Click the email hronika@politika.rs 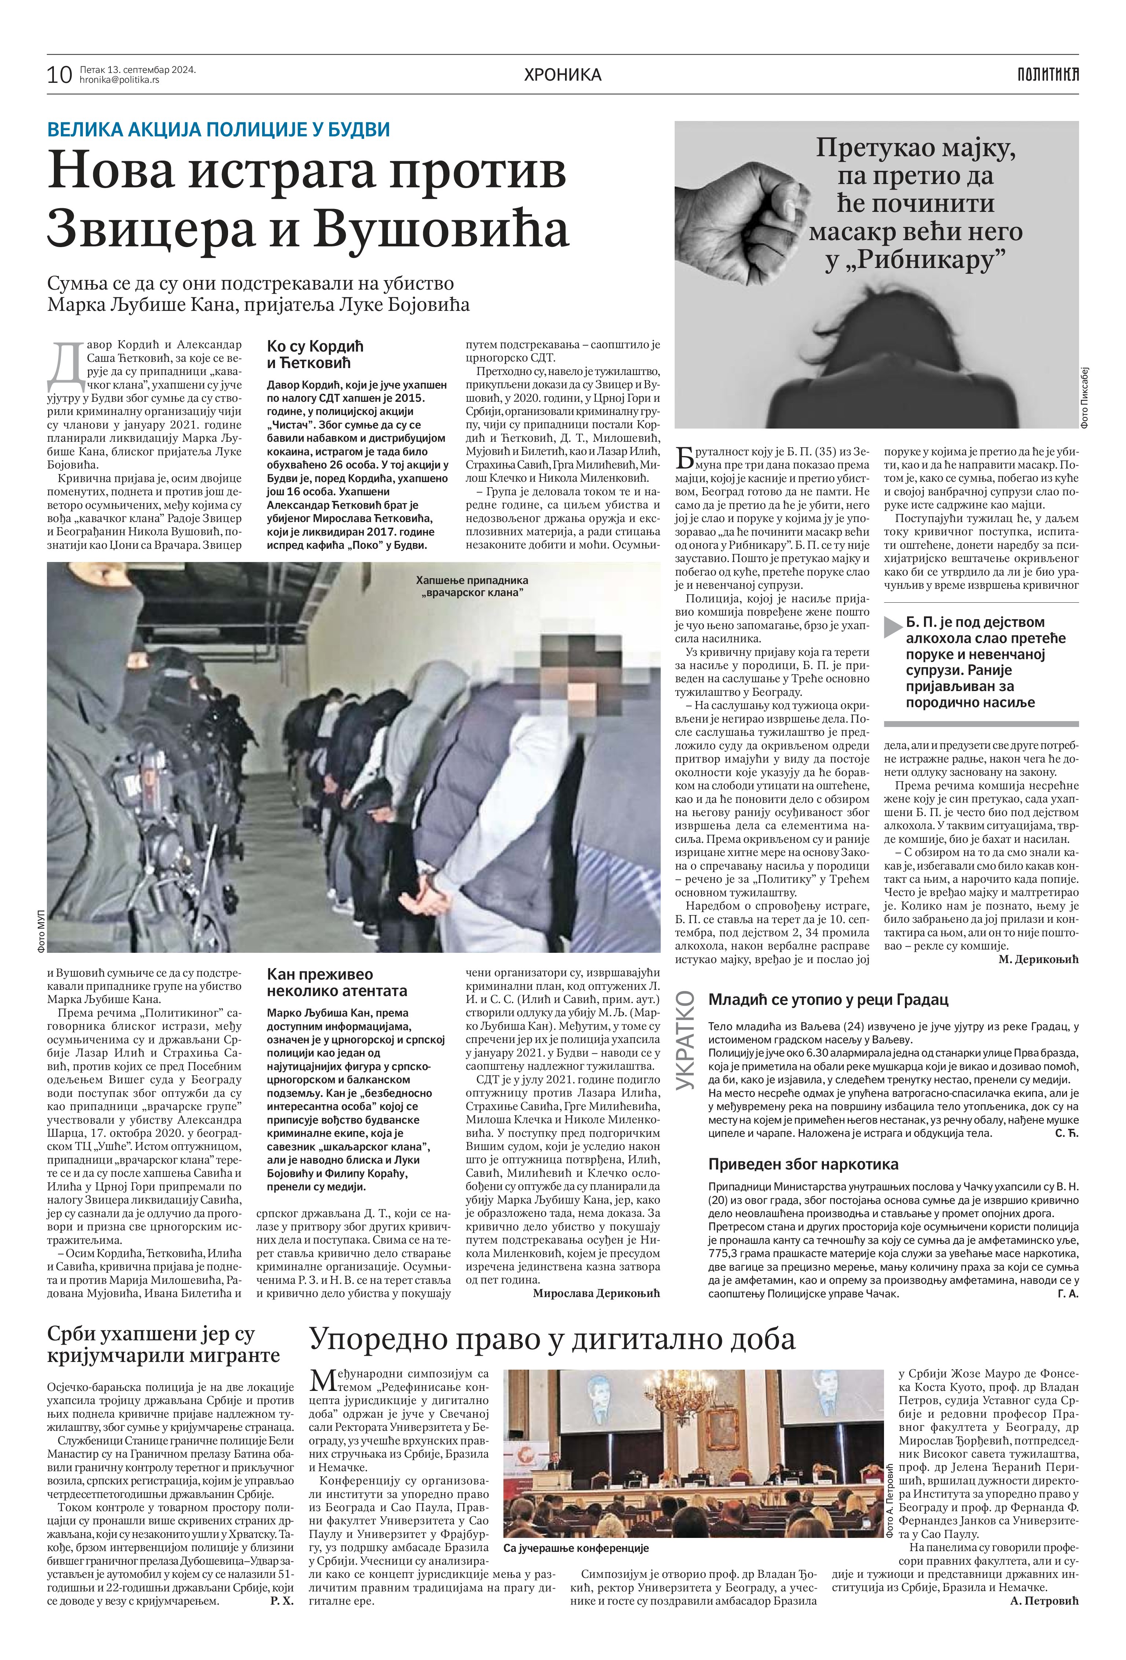click(x=119, y=80)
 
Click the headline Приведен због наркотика click(x=803, y=1164)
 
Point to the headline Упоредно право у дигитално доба click(x=551, y=1338)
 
